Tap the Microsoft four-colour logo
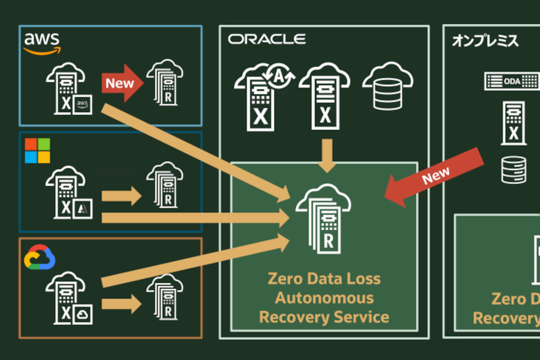37,151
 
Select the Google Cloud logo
40,257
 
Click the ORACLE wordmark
267,39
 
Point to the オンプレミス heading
485,41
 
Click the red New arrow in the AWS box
122,83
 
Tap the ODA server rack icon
512,81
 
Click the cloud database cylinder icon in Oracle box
387,88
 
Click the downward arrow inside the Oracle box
328,155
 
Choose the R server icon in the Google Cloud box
165,301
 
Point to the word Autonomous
324,297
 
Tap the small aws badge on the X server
82,104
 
